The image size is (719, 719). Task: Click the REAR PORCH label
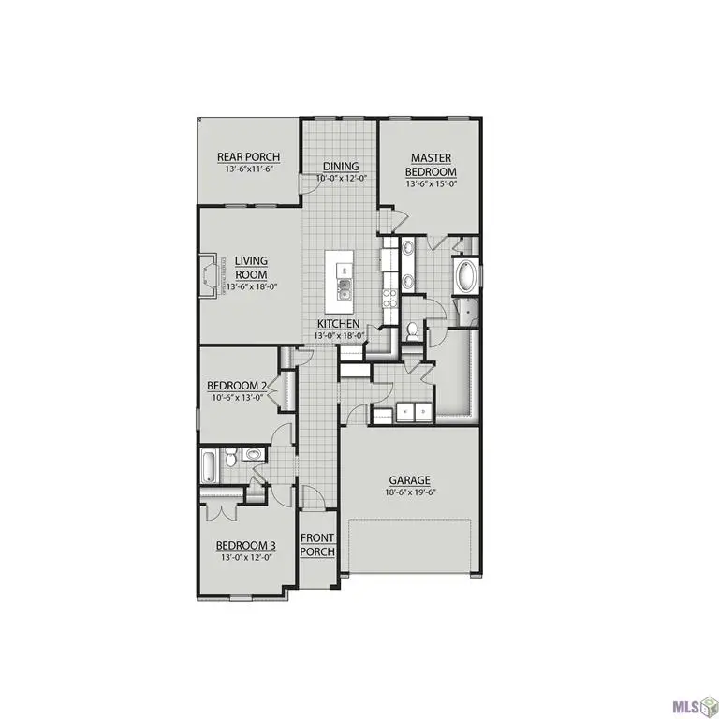tap(248, 157)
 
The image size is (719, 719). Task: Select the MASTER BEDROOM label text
tap(431, 166)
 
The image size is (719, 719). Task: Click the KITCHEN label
tap(338, 324)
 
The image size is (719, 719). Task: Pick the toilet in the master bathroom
tap(412, 330)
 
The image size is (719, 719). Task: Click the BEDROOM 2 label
tap(238, 385)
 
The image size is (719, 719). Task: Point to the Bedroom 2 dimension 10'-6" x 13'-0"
tap(238, 397)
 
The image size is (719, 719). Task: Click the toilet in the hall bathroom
tap(253, 456)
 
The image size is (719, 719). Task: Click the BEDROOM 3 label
tap(245, 545)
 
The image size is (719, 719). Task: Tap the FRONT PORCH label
tap(317, 545)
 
